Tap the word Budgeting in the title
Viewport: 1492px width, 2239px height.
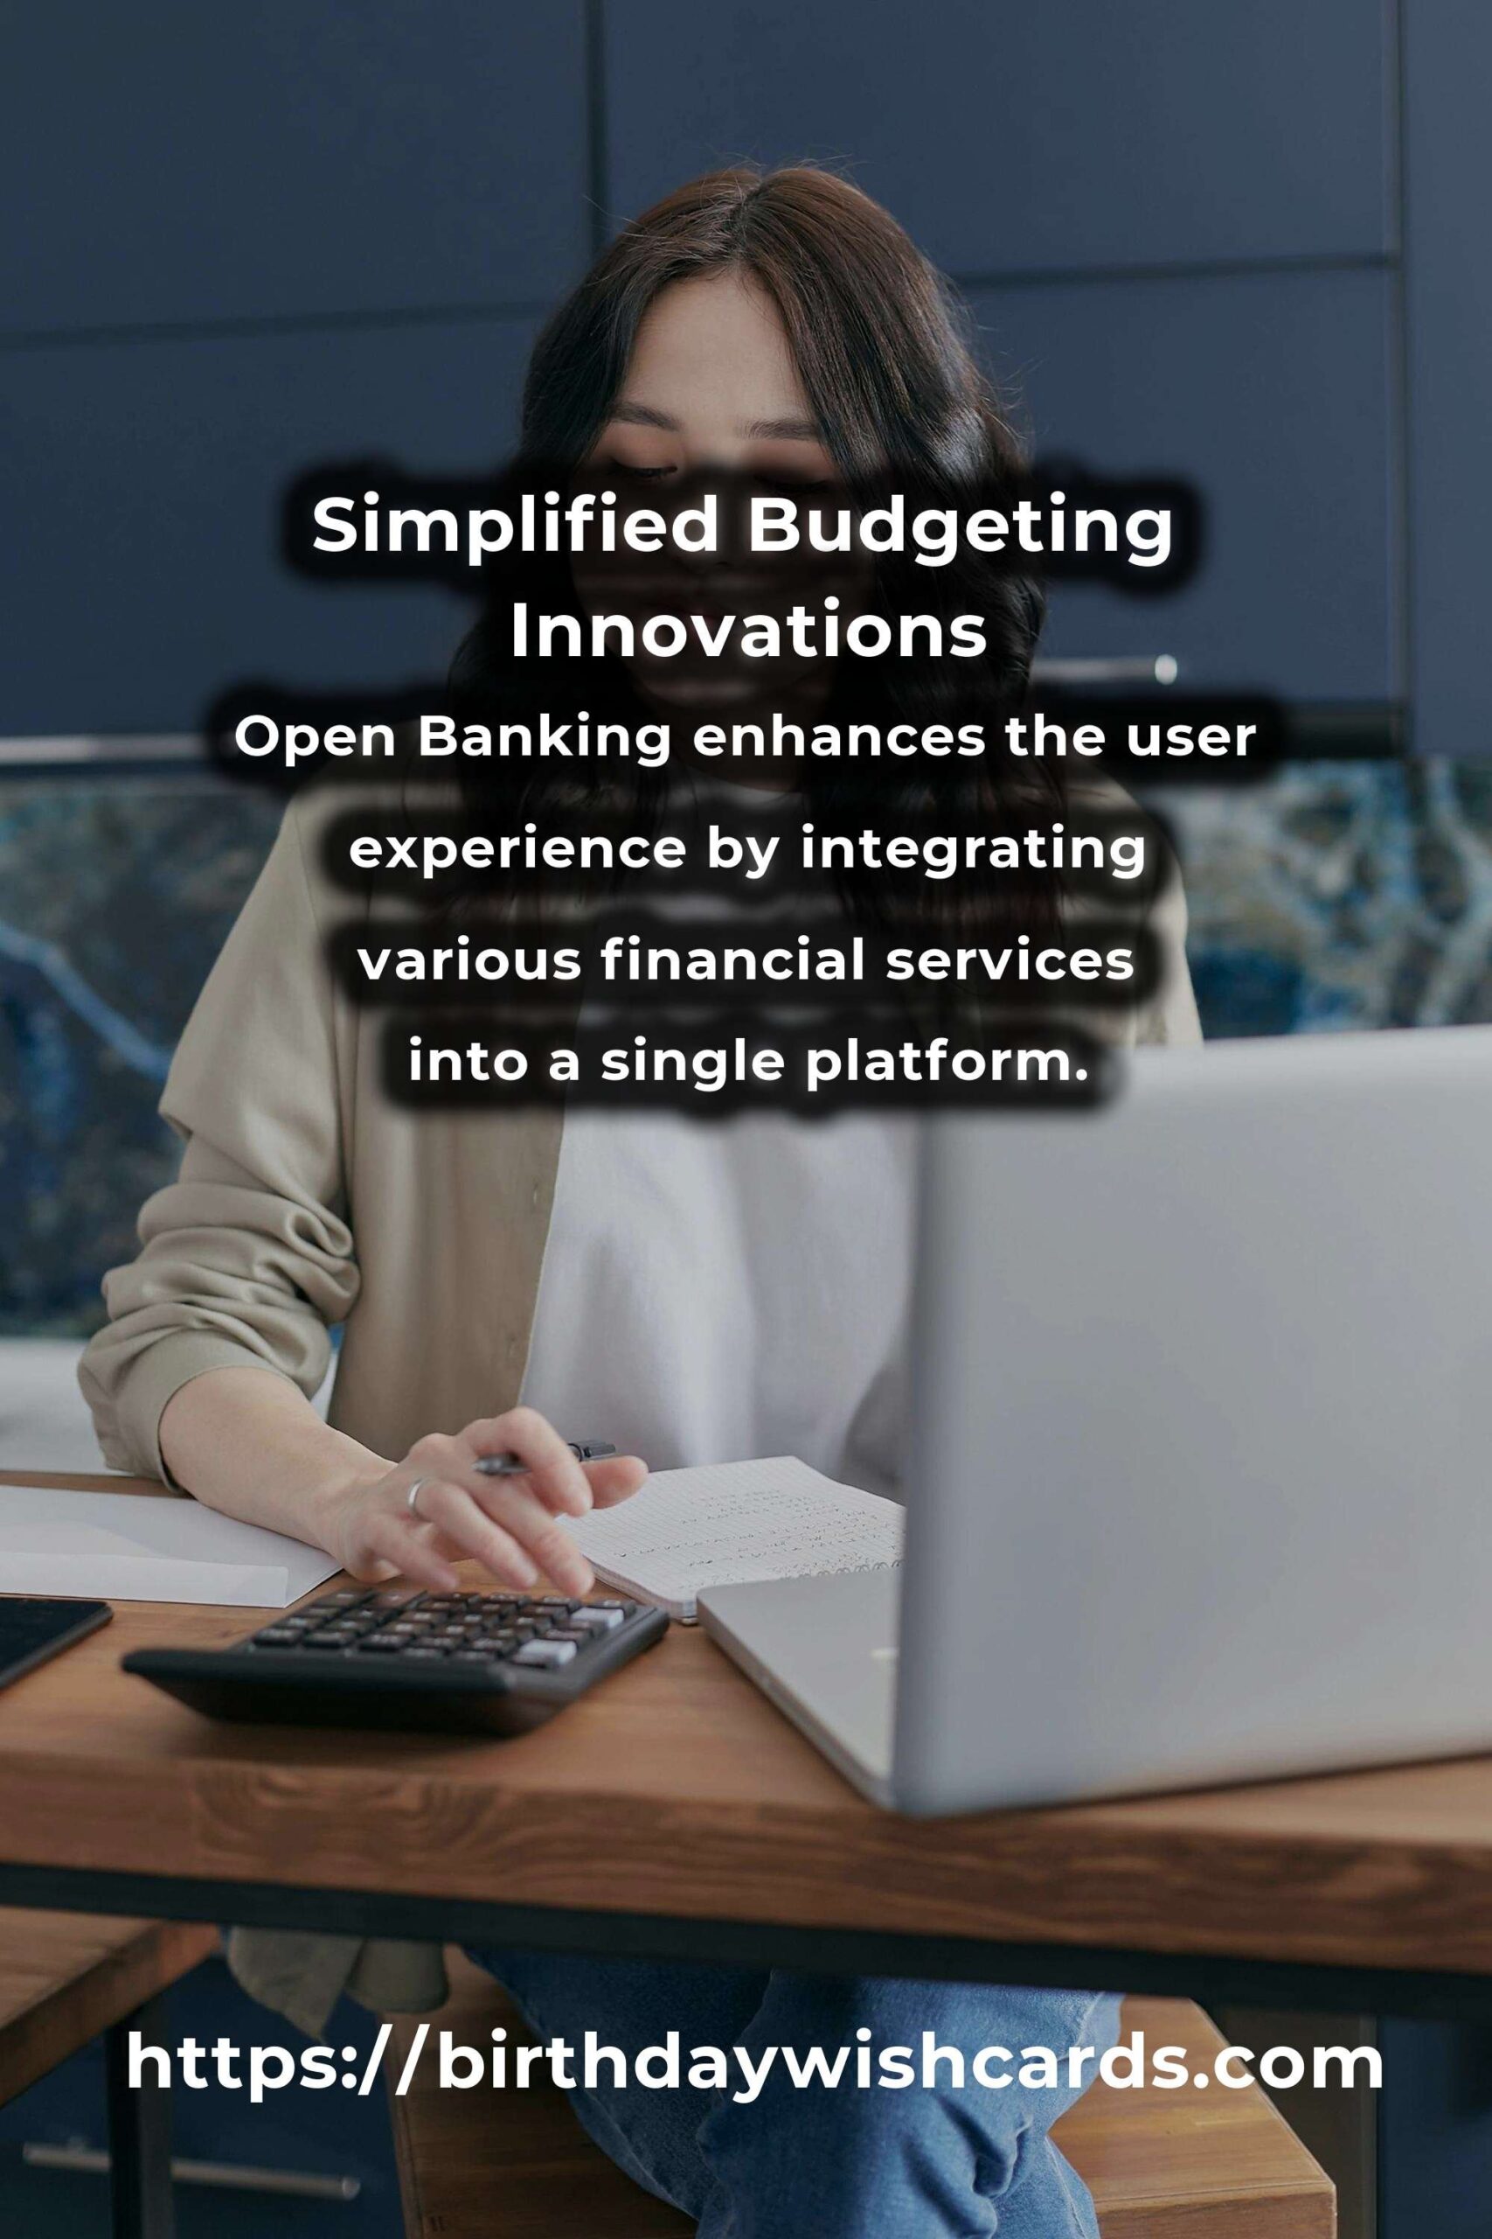point(959,529)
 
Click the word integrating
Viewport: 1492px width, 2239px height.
point(973,849)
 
